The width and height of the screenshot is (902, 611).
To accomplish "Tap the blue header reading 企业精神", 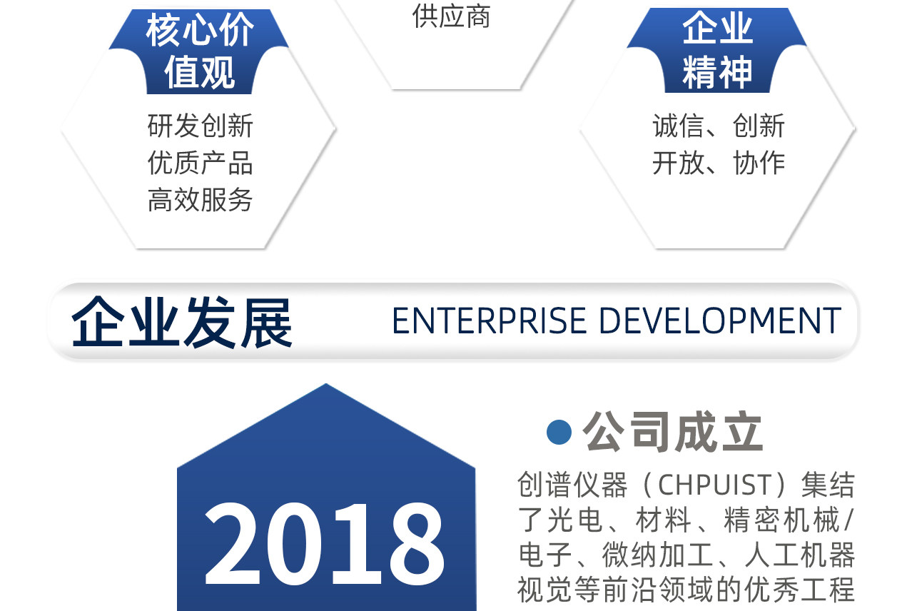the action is [x=717, y=50].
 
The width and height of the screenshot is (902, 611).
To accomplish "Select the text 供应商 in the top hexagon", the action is [x=451, y=16].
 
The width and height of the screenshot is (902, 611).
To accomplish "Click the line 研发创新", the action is [x=200, y=126].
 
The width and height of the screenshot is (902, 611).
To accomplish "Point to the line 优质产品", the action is [x=200, y=163].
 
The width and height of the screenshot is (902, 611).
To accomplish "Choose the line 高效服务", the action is [x=200, y=200].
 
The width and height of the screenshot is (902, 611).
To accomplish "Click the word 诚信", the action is [x=678, y=126].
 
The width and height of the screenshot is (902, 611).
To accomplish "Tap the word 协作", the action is [x=759, y=163].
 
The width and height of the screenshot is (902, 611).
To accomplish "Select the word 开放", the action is [x=678, y=163].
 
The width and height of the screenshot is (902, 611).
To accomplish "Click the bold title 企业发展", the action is [x=181, y=322].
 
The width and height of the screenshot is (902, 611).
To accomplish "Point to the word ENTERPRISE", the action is [x=490, y=320].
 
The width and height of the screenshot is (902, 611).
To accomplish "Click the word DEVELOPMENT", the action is [x=721, y=320].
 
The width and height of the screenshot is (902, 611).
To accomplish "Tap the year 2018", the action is [x=325, y=544].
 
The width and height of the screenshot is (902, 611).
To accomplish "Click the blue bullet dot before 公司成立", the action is [x=559, y=432].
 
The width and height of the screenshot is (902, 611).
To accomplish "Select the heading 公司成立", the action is [x=673, y=431].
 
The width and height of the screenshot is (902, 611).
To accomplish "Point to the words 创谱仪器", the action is [x=572, y=484].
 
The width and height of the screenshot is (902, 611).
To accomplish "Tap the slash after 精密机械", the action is [x=848, y=520].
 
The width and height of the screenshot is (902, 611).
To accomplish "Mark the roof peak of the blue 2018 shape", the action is [x=326, y=384].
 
